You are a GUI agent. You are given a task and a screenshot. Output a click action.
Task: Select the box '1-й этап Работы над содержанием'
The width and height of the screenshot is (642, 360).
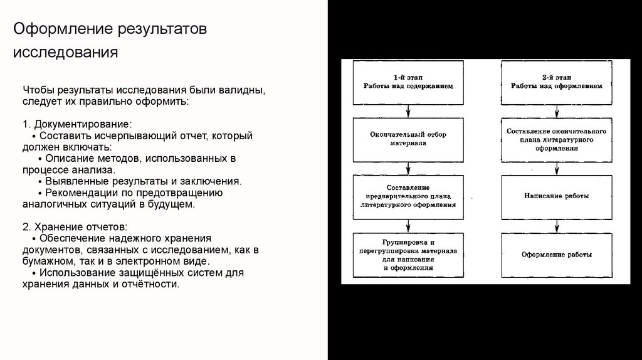tap(408, 82)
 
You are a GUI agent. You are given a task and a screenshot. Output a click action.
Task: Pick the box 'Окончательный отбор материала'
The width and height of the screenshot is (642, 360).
tap(408, 138)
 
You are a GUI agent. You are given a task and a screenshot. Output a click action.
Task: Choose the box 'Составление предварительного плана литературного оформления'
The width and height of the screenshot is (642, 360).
tap(408, 196)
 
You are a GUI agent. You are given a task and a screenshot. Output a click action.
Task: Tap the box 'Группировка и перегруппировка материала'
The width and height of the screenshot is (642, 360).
tap(408, 255)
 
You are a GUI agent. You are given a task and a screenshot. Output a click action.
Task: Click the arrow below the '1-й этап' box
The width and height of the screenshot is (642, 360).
tap(408, 111)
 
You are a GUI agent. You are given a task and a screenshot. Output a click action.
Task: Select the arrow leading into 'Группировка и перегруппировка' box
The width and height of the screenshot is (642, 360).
tap(408, 226)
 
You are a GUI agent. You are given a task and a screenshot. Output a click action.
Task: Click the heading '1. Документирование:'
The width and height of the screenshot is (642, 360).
tap(77, 124)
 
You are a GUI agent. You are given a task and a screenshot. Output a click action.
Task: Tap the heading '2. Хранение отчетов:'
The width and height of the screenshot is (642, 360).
tap(75, 226)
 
